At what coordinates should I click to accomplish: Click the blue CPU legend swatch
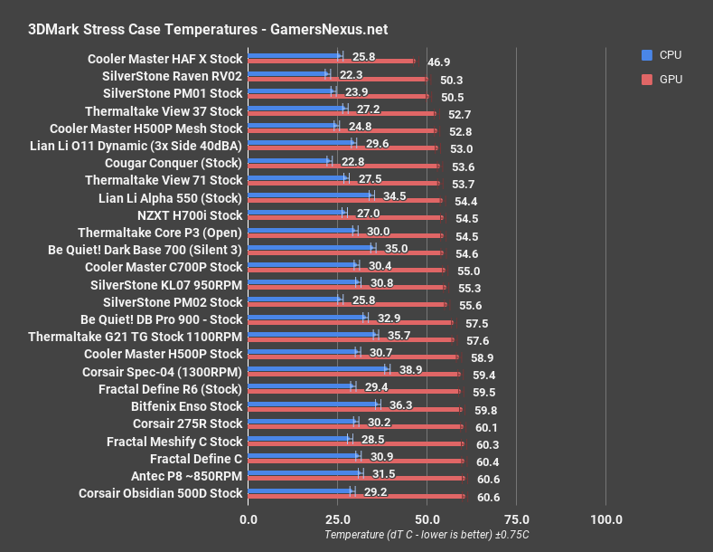click(x=646, y=55)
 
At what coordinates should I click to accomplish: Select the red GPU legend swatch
click(x=646, y=80)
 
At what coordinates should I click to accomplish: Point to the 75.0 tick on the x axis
click(x=516, y=519)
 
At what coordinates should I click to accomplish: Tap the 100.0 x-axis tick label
click(x=605, y=519)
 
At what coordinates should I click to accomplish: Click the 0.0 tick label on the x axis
click(x=249, y=519)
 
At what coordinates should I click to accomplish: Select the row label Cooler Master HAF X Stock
click(x=164, y=59)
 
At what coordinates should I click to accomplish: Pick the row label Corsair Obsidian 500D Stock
click(x=161, y=493)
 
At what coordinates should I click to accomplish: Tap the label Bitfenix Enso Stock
click(x=186, y=406)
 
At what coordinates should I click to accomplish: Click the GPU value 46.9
click(x=439, y=62)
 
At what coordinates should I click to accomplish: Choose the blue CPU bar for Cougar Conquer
click(x=288, y=162)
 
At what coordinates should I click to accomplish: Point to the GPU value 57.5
click(x=477, y=323)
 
